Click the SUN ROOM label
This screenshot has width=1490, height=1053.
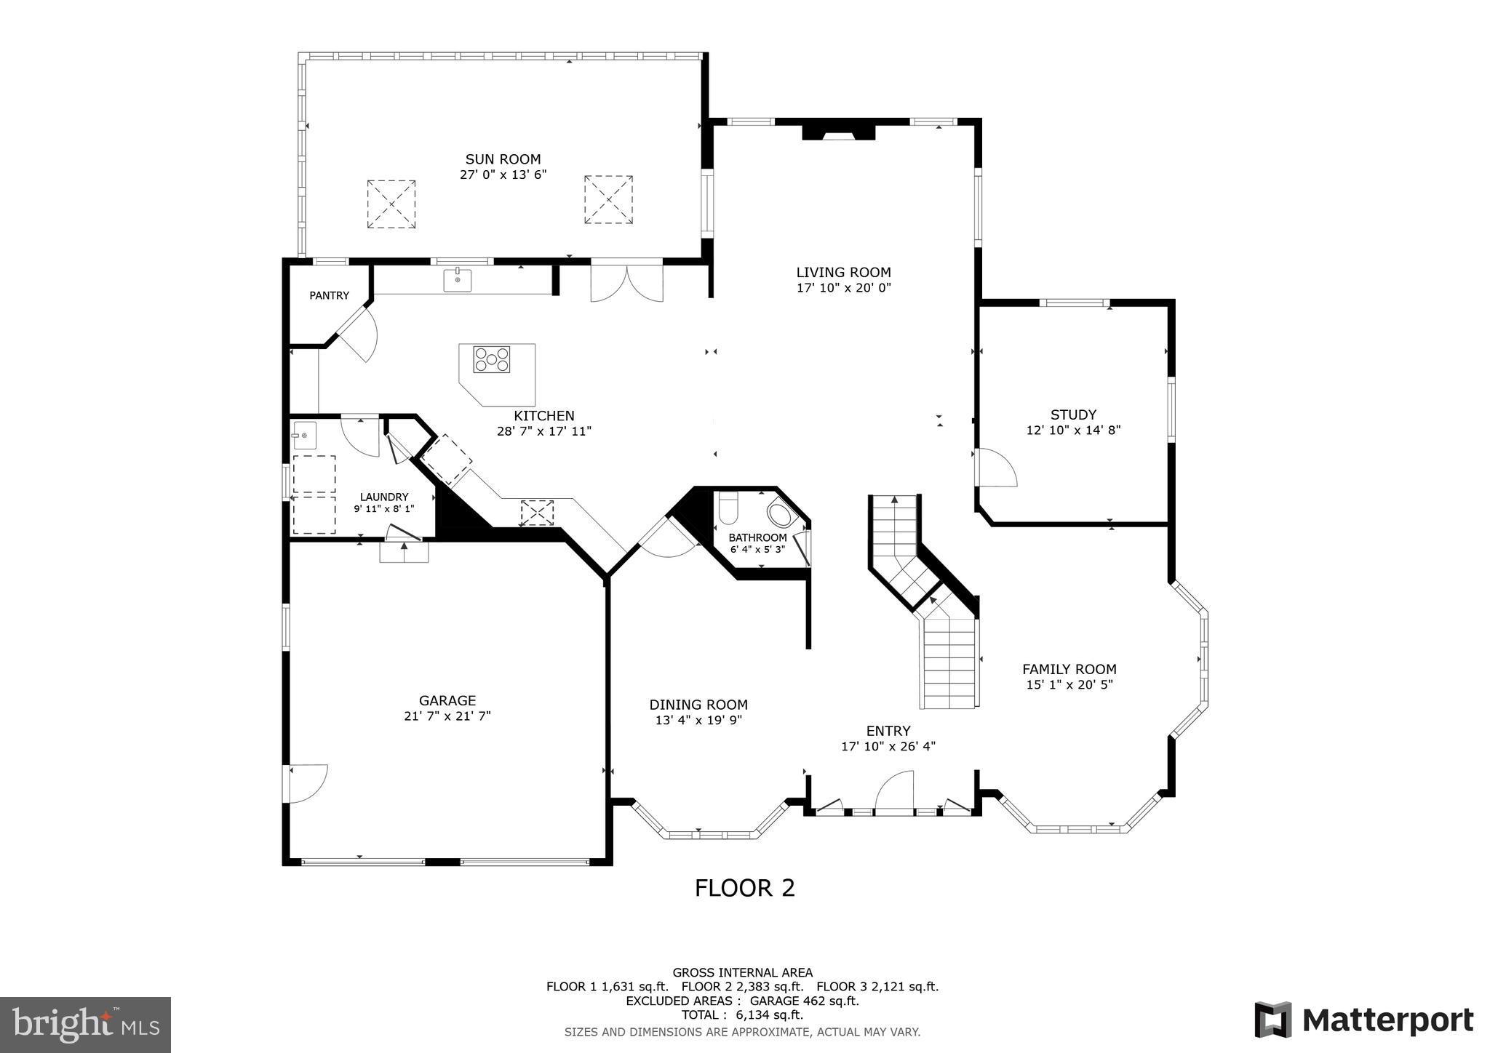click(503, 159)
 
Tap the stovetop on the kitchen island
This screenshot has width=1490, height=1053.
click(492, 359)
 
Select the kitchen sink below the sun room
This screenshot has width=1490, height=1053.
click(458, 280)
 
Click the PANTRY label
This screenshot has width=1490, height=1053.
click(329, 295)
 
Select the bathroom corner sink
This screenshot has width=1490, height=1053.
click(783, 515)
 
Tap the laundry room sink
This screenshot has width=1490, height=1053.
click(304, 436)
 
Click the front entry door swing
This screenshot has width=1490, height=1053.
click(894, 791)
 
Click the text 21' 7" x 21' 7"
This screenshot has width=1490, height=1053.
click(447, 716)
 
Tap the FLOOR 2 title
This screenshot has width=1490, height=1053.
click(744, 888)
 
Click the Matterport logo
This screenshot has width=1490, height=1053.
click(1363, 1020)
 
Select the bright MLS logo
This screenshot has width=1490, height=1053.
click(85, 1025)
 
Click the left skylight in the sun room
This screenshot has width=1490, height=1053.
click(391, 204)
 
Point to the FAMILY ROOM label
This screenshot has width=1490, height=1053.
click(1069, 669)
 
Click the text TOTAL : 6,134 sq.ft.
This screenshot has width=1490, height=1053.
click(742, 1014)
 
